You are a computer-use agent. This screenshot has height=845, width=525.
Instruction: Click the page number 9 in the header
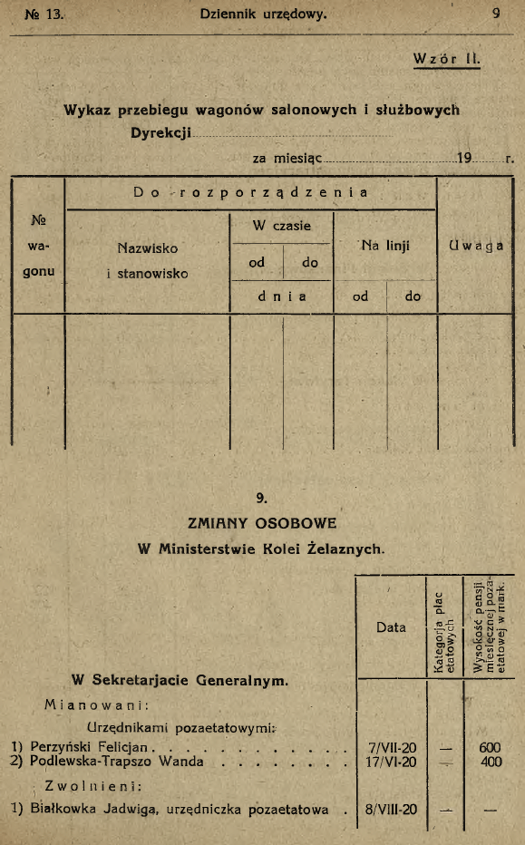(x=497, y=14)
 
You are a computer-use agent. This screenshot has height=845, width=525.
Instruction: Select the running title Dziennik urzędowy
(x=263, y=14)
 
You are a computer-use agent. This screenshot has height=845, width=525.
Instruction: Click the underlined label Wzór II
(x=445, y=60)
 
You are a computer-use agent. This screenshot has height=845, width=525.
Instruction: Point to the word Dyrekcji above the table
(x=162, y=131)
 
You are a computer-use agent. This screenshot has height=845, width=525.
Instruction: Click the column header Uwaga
(x=475, y=246)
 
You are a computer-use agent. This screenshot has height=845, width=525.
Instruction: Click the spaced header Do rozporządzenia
(x=251, y=191)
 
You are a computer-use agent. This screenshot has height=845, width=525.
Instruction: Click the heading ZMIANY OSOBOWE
(x=262, y=523)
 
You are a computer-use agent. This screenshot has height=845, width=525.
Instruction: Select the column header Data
(x=393, y=627)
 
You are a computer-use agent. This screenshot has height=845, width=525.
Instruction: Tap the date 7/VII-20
(x=394, y=747)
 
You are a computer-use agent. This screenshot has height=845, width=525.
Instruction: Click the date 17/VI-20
(x=394, y=762)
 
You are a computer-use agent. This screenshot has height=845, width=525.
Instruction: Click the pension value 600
(x=491, y=747)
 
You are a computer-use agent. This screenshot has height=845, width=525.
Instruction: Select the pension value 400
(x=491, y=762)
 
